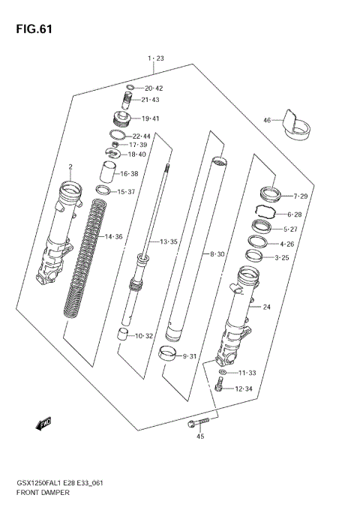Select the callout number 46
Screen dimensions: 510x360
point(266,120)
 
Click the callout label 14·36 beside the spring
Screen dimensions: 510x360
point(113,236)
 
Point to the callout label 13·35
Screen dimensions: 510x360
point(167,241)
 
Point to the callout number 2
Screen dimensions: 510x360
point(70,166)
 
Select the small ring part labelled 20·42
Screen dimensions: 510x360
point(130,87)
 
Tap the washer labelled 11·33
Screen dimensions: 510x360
point(223,373)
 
